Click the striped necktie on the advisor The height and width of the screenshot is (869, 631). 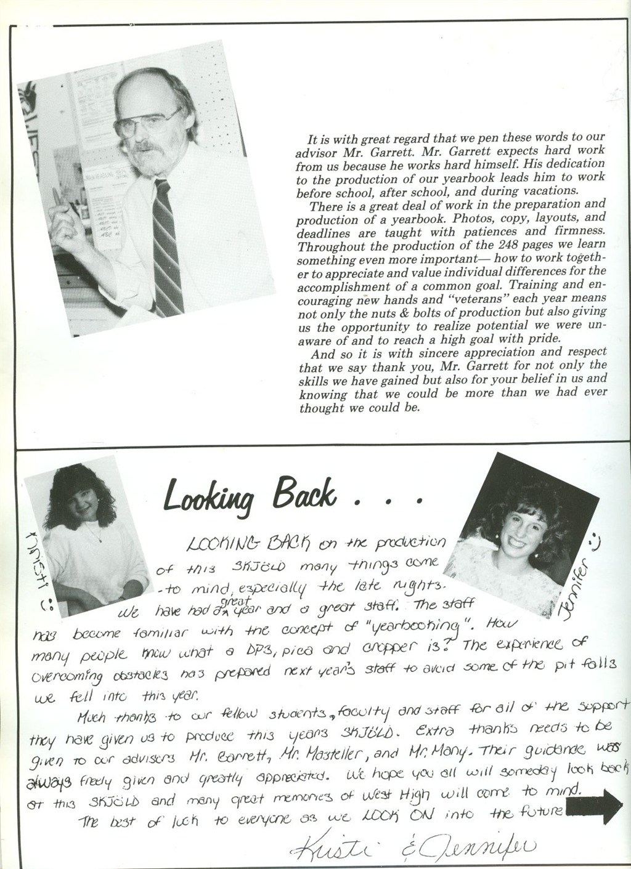coord(167,246)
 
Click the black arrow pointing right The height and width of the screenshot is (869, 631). coord(596,804)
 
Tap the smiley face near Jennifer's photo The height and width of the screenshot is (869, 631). coord(594,541)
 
